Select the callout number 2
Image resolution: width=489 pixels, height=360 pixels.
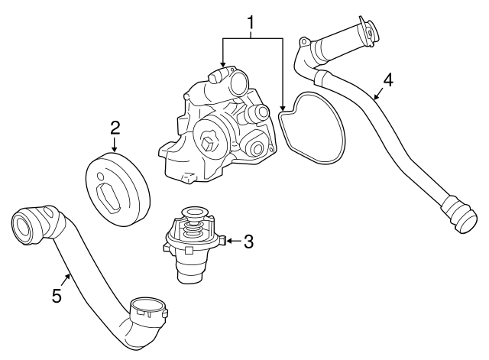coord(115,127)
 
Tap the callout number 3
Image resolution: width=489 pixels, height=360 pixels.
coord(248,242)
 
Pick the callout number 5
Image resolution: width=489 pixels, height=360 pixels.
coord(56,295)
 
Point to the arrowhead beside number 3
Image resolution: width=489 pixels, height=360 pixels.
coord(229,242)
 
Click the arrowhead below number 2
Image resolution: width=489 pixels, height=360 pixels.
coord(115,151)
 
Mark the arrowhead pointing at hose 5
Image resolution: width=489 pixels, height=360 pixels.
coord(68,275)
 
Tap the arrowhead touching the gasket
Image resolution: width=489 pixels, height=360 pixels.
coord(282,106)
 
